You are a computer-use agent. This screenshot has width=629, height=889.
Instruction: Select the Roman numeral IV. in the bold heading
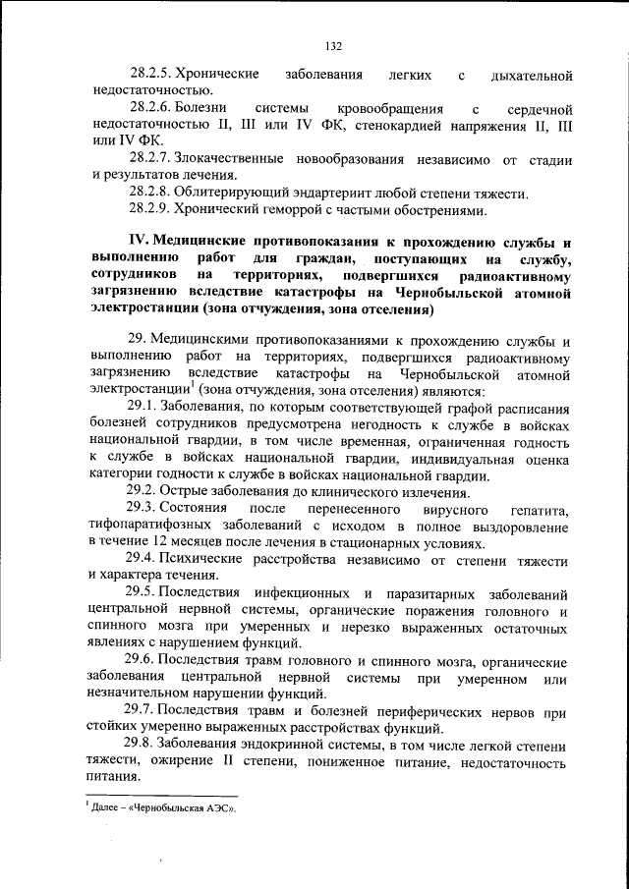click(x=141, y=243)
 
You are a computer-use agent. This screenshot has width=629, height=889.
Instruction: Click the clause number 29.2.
click(x=142, y=491)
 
